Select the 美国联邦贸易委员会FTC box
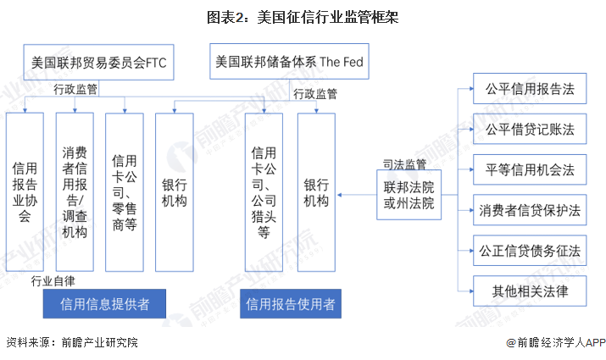point(98,62)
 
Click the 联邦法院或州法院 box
point(409,195)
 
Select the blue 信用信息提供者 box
point(103,304)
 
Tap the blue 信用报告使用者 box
point(290,304)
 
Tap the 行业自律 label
point(53,281)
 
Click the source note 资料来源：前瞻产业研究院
point(71,343)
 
